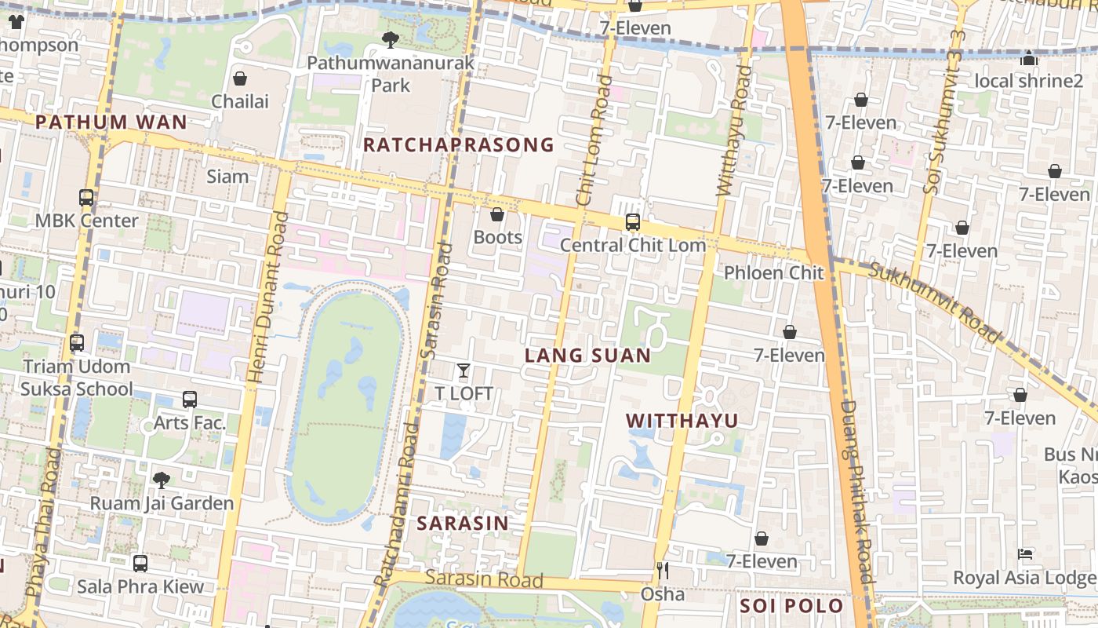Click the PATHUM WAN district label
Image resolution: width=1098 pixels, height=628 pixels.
click(111, 122)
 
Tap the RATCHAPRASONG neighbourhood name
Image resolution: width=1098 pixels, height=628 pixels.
click(459, 145)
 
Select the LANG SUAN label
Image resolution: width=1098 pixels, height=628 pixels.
click(587, 356)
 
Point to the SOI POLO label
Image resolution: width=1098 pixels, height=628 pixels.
click(791, 606)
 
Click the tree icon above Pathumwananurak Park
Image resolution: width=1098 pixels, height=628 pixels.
click(390, 39)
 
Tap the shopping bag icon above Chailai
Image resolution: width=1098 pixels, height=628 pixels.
click(240, 78)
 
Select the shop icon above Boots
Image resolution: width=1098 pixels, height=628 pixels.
click(497, 214)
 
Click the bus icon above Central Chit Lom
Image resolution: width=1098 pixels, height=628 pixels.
click(633, 222)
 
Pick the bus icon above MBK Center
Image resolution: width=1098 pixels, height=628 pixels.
click(86, 198)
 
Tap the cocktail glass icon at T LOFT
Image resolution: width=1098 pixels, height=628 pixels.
click(464, 371)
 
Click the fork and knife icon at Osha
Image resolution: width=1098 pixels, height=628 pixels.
click(663, 571)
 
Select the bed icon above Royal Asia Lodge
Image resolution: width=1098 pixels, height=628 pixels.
click(1024, 554)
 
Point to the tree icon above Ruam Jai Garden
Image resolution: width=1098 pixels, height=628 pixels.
click(162, 480)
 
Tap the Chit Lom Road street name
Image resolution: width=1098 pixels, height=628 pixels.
click(594, 141)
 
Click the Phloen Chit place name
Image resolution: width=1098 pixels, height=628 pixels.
click(773, 273)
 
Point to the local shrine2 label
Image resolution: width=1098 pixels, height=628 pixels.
click(1028, 81)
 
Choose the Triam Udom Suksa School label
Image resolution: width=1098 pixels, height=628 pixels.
click(77, 378)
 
